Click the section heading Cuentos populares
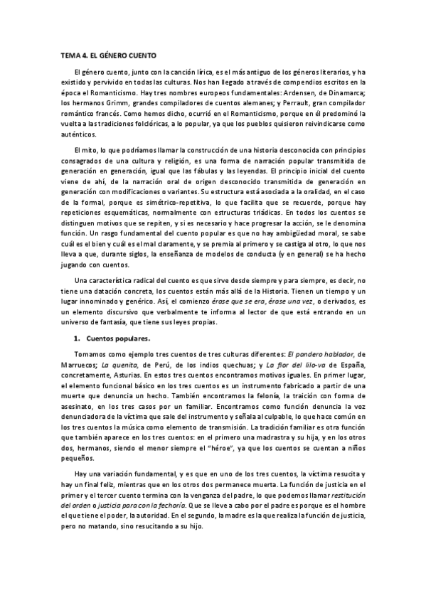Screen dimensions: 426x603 115,338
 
